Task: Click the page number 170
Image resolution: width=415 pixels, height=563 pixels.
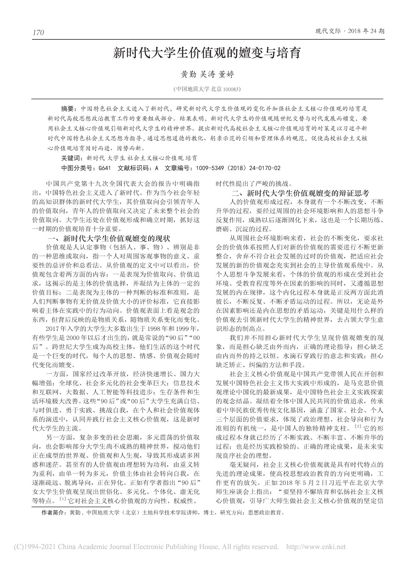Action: point(38,33)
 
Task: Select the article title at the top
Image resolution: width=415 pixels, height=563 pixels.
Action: point(207,54)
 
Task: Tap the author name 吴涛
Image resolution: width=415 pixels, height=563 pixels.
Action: point(207,75)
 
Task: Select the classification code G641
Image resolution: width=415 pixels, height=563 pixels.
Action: point(105,168)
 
